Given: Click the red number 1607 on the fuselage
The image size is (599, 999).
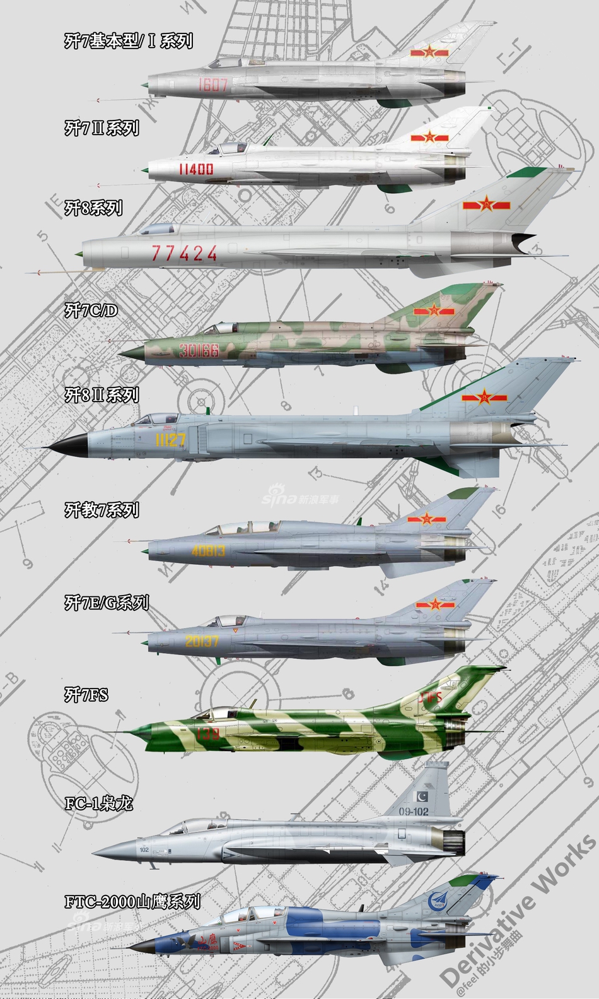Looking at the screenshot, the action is [x=212, y=85].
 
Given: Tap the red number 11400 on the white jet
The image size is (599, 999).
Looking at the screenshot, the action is [x=196, y=168].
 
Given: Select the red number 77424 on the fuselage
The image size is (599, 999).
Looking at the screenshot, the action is [x=184, y=253].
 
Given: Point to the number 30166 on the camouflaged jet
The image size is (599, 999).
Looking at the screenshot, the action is [x=199, y=350].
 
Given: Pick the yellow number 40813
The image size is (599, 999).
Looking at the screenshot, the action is [x=208, y=550].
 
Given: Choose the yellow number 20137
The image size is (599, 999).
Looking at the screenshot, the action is [x=202, y=641].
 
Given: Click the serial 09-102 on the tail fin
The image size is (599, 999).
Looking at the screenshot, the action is [x=414, y=811].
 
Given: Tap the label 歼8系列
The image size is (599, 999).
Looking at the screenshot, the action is [x=93, y=208].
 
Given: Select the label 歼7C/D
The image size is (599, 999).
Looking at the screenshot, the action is [x=91, y=310].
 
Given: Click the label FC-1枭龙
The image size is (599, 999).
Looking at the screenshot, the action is [x=99, y=803].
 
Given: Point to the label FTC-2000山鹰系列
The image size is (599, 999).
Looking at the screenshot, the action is [x=132, y=901].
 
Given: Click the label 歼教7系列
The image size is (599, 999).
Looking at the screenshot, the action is [x=102, y=510].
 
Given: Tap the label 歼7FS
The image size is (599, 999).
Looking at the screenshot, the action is [x=86, y=695].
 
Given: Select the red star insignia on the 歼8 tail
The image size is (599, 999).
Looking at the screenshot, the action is [x=486, y=204].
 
